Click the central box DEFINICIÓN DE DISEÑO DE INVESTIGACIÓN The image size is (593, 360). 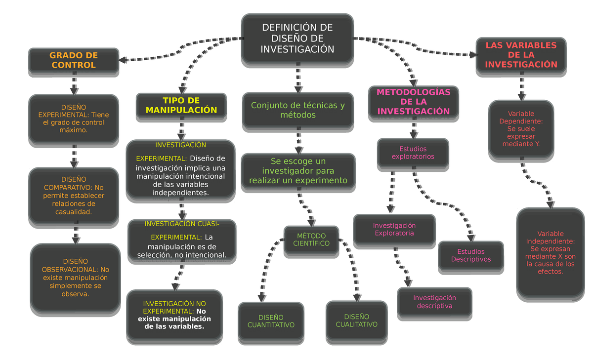pyautogui.click(x=297, y=39)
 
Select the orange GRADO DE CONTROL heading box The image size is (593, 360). pyautogui.click(x=74, y=60)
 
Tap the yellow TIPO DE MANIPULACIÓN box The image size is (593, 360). pyautogui.click(x=181, y=106)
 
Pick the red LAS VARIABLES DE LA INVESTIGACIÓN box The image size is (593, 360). pyautogui.click(x=521, y=55)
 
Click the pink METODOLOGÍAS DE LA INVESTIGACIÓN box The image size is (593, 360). pyautogui.click(x=414, y=102)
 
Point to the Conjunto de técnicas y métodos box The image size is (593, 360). pyautogui.click(x=298, y=110)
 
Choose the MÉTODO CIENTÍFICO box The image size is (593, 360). pyautogui.click(x=311, y=240)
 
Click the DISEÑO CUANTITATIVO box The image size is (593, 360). pyautogui.click(x=271, y=321)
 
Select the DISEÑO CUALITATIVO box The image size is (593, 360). pyautogui.click(x=356, y=320)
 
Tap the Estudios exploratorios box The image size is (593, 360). pyautogui.click(x=413, y=153)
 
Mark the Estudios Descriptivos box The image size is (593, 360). pyautogui.click(x=470, y=255)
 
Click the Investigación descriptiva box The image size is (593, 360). pyautogui.click(x=434, y=302)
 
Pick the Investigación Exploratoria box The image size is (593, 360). pyautogui.click(x=394, y=230)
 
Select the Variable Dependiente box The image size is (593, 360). pyautogui.click(x=521, y=129)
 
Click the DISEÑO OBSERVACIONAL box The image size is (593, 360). pyautogui.click(x=75, y=278)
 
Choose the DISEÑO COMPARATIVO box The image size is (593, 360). pyautogui.click(x=74, y=196)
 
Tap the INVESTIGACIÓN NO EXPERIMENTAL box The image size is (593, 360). pyautogui.click(x=174, y=315)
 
